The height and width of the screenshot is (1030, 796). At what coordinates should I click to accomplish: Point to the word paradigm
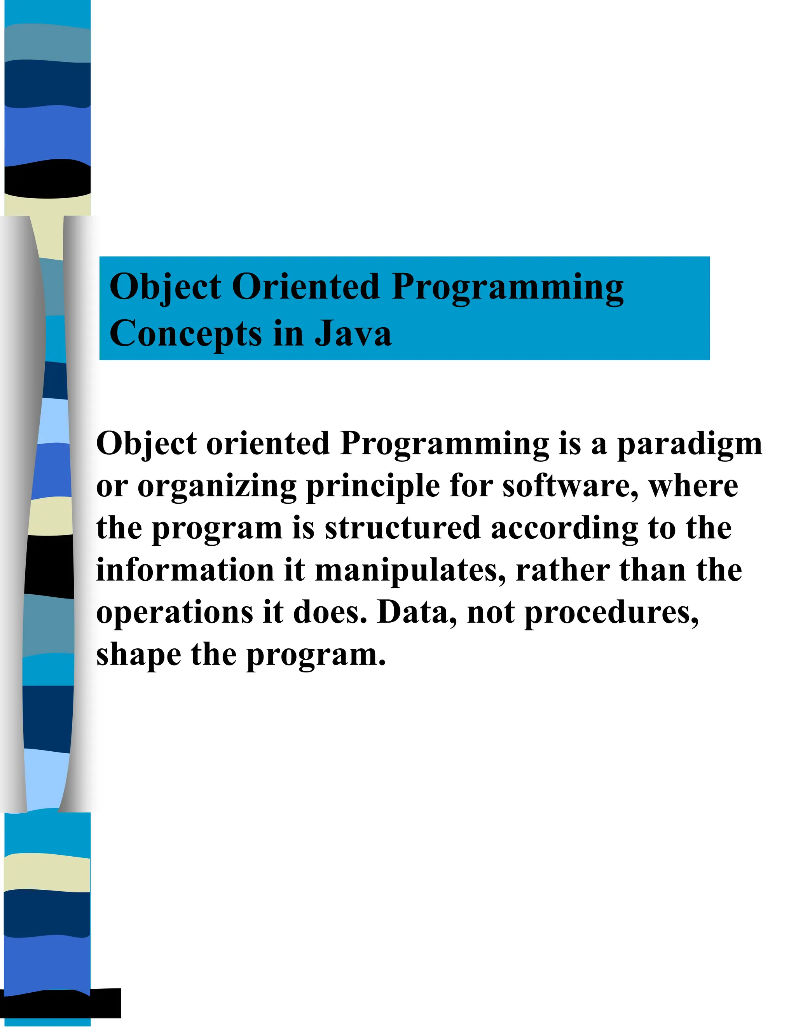click(690, 445)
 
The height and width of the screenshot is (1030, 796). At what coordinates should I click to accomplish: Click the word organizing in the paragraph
click(217, 487)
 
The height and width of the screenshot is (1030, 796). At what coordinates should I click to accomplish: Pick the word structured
click(402, 528)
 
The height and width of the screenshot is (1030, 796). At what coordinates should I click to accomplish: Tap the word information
click(185, 570)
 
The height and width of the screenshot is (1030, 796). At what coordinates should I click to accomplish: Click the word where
click(693, 486)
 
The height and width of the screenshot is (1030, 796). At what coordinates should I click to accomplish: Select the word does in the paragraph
click(330, 613)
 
